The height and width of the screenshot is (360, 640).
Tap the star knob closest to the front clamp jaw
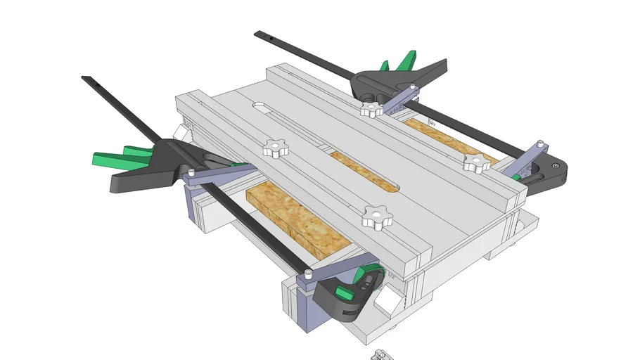coord(376,216)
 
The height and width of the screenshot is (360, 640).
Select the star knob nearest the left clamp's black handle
coord(275,148)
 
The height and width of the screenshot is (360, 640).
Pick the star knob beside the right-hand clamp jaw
coord(475,163)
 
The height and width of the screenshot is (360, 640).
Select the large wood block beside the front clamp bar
coord(299,220)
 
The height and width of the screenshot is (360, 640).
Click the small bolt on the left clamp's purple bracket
coord(191,172)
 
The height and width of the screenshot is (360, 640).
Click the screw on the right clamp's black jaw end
coord(556,166)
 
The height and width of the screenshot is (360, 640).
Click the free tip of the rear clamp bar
coord(258,33)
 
